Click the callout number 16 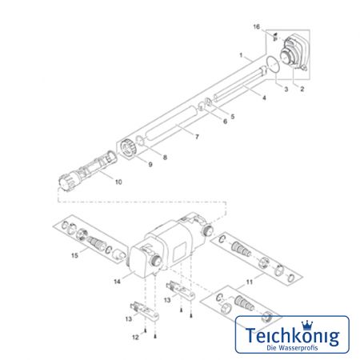(x=256, y=26)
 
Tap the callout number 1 (x=241, y=55)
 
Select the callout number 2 (x=302, y=89)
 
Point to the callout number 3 (x=286, y=89)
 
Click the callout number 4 (x=264, y=98)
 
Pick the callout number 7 (x=197, y=137)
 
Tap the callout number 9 (x=150, y=164)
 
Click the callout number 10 (x=118, y=182)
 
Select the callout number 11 (x=249, y=282)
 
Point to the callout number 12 (x=135, y=338)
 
